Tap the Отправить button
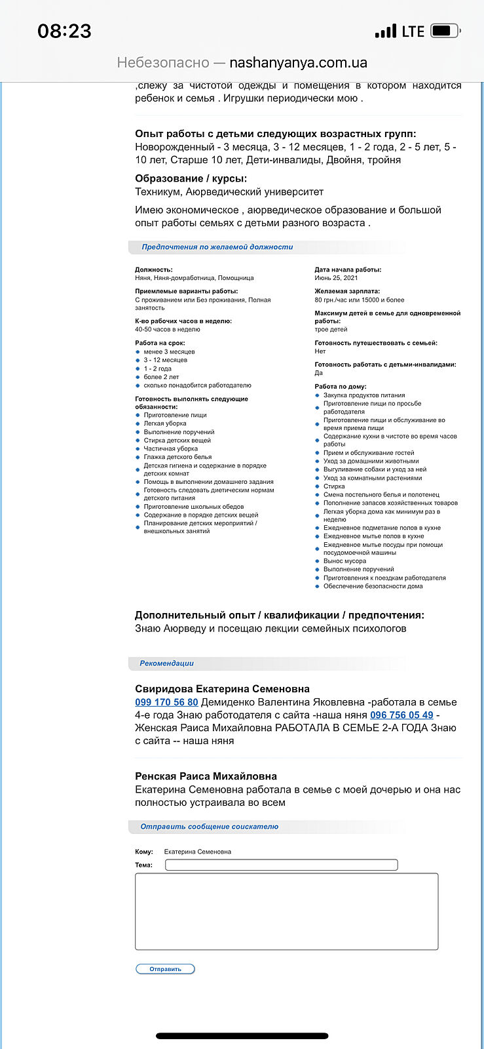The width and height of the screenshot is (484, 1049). click(x=165, y=969)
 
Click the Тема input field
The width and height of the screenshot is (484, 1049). click(x=281, y=865)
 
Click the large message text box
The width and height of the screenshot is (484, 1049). click(x=286, y=911)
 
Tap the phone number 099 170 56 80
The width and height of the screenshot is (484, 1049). click(x=166, y=702)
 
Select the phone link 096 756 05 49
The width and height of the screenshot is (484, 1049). click(x=401, y=715)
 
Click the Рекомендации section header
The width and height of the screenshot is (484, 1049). click(x=166, y=663)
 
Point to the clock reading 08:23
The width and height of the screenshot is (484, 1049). click(x=64, y=31)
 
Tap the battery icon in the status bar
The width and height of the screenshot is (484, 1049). click(x=445, y=31)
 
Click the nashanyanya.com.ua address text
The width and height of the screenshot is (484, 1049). click(x=298, y=63)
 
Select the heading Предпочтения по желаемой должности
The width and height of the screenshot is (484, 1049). click(x=217, y=247)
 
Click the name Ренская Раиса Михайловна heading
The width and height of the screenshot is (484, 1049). click(x=206, y=776)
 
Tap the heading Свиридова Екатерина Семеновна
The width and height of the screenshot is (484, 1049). click(x=222, y=689)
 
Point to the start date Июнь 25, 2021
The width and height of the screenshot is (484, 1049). click(x=336, y=278)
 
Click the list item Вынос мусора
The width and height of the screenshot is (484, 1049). click(x=344, y=561)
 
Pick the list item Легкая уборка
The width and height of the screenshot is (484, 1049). click(x=165, y=424)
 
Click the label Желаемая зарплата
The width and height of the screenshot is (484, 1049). click(x=347, y=291)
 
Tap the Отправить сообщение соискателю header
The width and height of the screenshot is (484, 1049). click(x=209, y=827)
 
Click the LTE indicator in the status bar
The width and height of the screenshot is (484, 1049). click(x=413, y=31)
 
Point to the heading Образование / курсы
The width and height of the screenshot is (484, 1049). click(x=191, y=178)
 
